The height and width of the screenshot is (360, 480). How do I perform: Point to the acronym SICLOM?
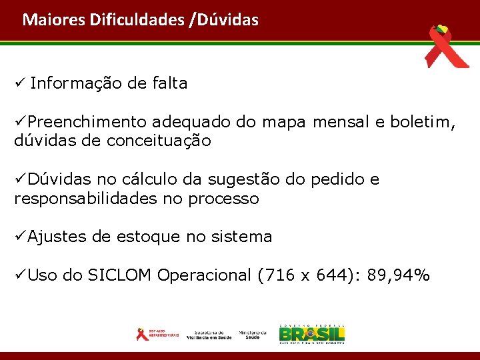[x=121, y=275]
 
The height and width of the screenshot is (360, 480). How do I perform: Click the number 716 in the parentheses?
[x=277, y=275]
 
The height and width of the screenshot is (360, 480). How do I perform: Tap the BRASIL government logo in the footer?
[x=311, y=333]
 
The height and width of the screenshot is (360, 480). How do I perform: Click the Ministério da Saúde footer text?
[x=253, y=334]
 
